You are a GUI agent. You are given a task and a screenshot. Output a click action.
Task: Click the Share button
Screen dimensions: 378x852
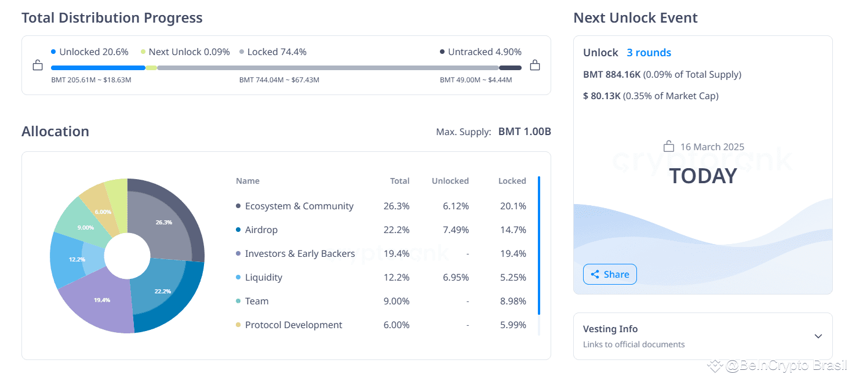click(x=610, y=274)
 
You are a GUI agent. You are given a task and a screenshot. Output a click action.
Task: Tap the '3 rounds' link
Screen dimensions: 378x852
click(x=649, y=53)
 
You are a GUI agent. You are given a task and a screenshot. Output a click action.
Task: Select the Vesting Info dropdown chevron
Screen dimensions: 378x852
click(x=818, y=336)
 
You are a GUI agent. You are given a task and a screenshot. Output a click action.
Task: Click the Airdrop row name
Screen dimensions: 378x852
click(x=261, y=230)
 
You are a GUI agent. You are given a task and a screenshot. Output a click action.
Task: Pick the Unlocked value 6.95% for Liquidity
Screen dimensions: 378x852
click(x=456, y=278)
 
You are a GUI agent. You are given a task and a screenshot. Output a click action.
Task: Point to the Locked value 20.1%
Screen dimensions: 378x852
click(x=514, y=206)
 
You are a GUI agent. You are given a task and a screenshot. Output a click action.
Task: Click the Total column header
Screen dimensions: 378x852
click(x=399, y=181)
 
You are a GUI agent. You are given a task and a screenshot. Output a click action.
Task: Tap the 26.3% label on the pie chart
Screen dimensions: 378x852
click(x=164, y=222)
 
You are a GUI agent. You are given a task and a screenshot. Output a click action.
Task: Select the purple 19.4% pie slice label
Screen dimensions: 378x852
click(x=102, y=300)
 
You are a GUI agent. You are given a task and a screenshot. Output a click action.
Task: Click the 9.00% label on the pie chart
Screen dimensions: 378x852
click(x=86, y=227)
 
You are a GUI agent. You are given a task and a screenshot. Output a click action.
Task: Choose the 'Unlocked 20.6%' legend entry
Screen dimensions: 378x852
click(x=90, y=52)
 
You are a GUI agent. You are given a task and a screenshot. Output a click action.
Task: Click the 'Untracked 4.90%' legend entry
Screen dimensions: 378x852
click(x=480, y=52)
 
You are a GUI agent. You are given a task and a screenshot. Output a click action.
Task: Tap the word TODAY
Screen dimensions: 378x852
click(x=702, y=176)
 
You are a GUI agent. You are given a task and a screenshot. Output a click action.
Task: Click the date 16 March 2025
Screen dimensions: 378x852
click(x=712, y=147)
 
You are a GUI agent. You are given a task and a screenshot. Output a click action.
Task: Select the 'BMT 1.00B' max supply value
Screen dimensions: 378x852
click(x=524, y=132)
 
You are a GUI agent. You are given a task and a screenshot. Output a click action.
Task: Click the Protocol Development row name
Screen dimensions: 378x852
click(x=293, y=325)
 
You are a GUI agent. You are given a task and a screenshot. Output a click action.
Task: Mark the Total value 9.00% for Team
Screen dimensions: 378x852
click(x=396, y=301)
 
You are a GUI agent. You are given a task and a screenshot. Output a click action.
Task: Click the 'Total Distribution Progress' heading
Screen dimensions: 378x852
click(x=112, y=18)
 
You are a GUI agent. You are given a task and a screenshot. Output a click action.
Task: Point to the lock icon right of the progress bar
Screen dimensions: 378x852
click(x=535, y=65)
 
